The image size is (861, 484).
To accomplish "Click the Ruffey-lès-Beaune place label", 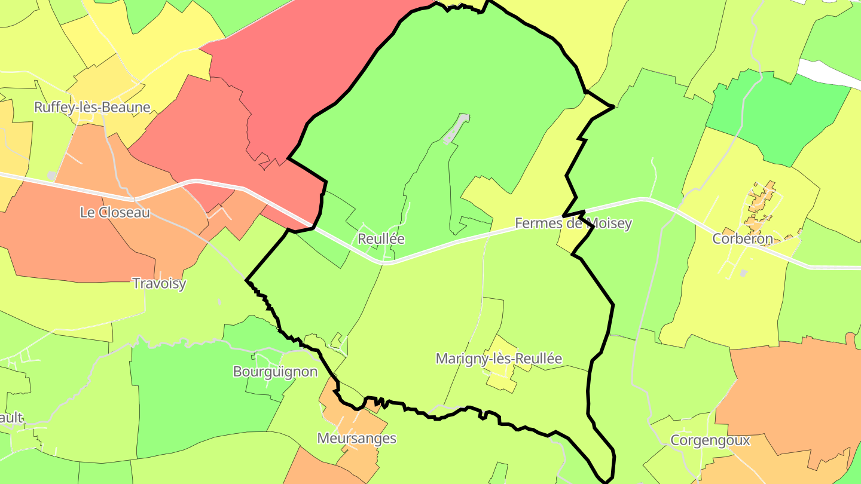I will click(x=92, y=108).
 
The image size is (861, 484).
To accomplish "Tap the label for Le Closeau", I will click(x=115, y=212).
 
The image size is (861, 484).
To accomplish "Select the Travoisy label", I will click(x=158, y=283).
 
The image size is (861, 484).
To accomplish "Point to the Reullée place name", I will click(x=381, y=239).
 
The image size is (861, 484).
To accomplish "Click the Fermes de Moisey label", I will click(x=573, y=224).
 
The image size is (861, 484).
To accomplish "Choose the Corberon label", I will click(x=743, y=239).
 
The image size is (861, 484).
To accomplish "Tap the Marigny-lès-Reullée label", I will click(x=499, y=359).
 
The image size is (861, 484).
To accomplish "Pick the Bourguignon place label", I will click(x=275, y=372).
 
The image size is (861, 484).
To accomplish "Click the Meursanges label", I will click(x=356, y=439).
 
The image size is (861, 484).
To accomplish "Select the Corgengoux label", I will click(x=710, y=441).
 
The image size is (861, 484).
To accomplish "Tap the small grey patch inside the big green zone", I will click(x=456, y=129).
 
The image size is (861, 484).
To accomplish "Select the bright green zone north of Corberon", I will click(x=777, y=114).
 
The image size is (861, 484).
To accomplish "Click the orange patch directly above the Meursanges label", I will click(x=335, y=406).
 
